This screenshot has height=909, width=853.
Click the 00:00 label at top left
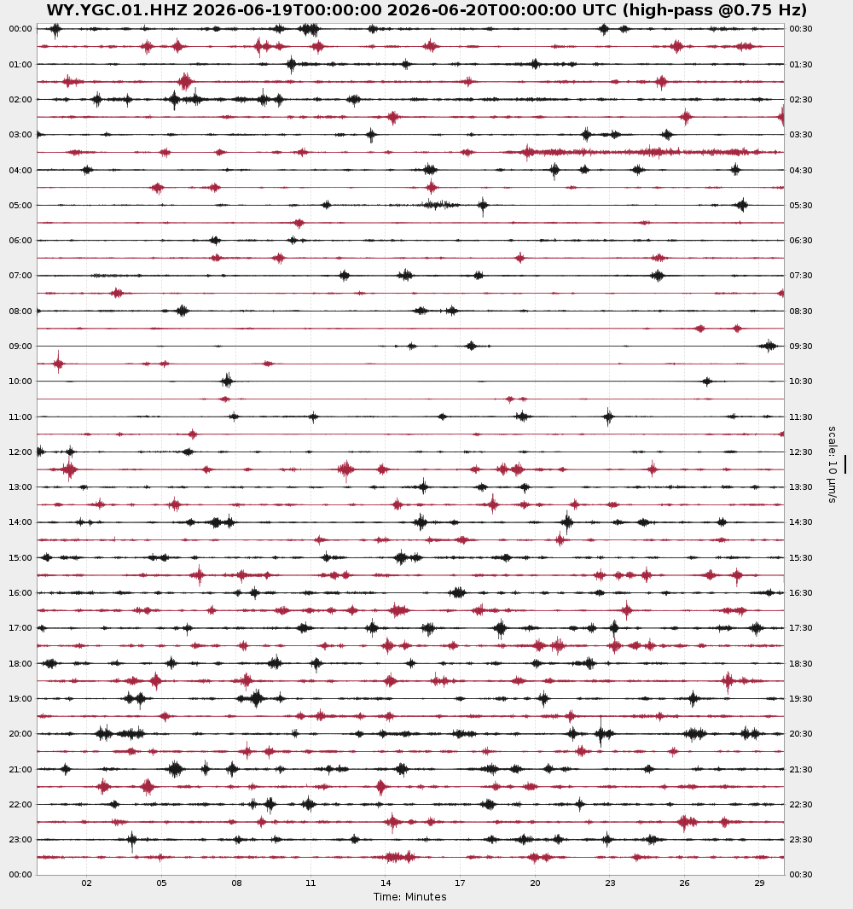pos(20,29)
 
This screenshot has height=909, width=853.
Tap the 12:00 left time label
pos(20,452)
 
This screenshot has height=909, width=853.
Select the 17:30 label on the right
pos(801,628)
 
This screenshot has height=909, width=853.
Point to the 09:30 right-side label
pos(801,346)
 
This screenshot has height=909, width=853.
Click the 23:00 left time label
pos(20,839)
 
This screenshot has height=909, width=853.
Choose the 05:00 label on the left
pos(20,205)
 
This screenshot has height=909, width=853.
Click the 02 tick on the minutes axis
pos(86,883)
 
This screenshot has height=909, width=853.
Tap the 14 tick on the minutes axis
pos(386,883)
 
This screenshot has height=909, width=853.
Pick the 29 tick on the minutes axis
pos(759,883)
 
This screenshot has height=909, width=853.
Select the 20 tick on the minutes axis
pos(535,883)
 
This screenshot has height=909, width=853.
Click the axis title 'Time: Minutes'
pos(410,897)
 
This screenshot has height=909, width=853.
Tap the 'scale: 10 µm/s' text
pos(833,464)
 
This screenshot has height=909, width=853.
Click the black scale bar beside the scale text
pos(845,463)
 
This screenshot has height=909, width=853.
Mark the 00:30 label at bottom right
pos(801,874)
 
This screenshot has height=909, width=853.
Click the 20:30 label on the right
pos(801,734)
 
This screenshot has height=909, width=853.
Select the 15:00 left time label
pos(20,557)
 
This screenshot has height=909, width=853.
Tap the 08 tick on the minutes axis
pos(235,883)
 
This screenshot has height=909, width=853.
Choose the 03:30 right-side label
pos(801,135)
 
